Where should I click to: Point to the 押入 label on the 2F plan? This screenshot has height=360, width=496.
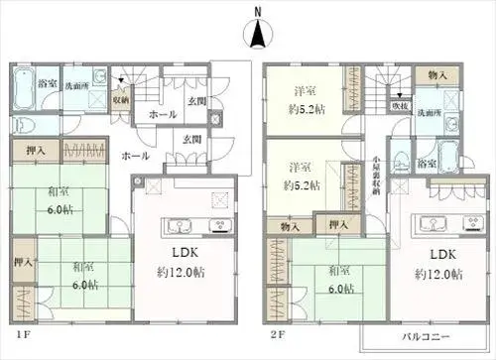click(338, 225)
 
